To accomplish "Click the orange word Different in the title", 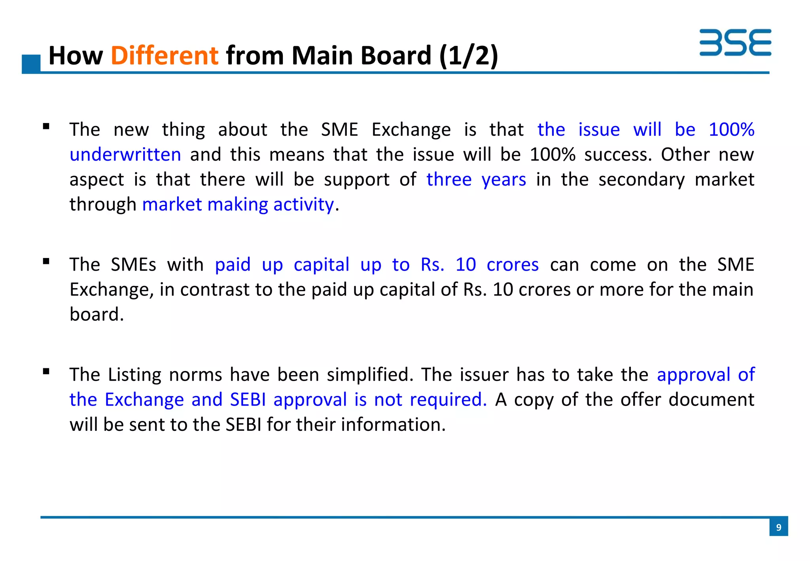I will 164,55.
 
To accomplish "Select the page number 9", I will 778,527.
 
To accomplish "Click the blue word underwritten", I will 125,155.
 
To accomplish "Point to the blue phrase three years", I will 476,180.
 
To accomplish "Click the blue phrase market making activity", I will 238,205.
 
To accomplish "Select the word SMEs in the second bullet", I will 133,264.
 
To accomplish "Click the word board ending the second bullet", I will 96,315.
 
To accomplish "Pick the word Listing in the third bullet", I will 134,375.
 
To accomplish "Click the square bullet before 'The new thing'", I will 46,127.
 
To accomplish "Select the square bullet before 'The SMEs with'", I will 46,261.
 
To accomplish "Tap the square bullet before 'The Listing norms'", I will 46,371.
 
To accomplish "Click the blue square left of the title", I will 31,64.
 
